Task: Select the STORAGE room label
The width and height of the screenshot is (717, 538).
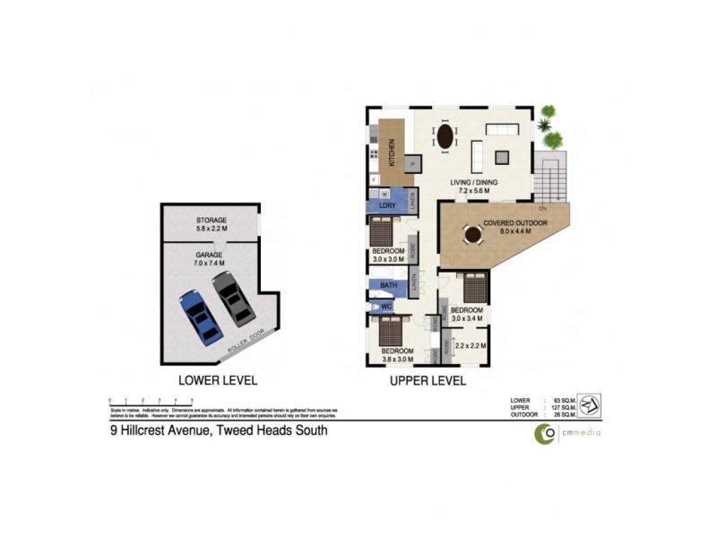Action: pyautogui.click(x=212, y=220)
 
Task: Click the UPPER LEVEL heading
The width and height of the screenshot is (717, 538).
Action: pyautogui.click(x=427, y=380)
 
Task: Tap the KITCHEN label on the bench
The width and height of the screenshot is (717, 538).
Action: pyautogui.click(x=391, y=149)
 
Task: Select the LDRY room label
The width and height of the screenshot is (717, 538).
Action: pyautogui.click(x=387, y=205)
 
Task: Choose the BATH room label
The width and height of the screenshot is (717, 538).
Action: pyautogui.click(x=388, y=286)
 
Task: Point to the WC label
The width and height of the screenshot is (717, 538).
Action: pyautogui.click(x=387, y=307)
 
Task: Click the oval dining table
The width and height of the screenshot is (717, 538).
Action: pyautogui.click(x=445, y=137)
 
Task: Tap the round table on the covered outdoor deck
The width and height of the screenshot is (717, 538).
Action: pyautogui.click(x=471, y=236)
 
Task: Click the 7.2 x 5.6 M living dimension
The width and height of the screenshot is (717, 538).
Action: pyautogui.click(x=473, y=191)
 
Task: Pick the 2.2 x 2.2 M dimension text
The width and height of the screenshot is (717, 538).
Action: pyautogui.click(x=471, y=345)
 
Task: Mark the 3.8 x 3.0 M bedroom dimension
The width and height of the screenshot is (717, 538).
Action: pyautogui.click(x=396, y=358)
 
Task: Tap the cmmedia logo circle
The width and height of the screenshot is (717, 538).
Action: pyautogui.click(x=544, y=433)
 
